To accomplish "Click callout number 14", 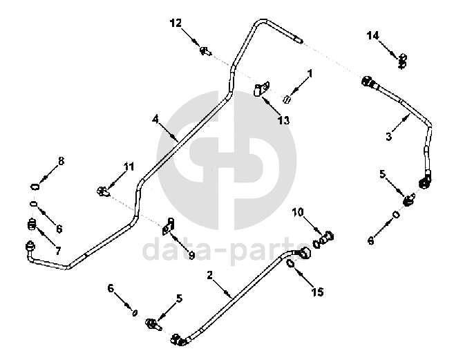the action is click(x=373, y=35).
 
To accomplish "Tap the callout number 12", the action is click(x=176, y=23).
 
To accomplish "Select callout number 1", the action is click(x=310, y=73).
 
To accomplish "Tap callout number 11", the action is click(x=128, y=167).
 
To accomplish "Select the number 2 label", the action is click(x=209, y=275).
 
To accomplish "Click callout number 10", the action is click(x=299, y=211).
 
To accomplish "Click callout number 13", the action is click(x=283, y=120).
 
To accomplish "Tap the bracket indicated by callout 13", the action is click(x=261, y=91).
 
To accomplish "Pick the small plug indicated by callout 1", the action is click(x=291, y=99).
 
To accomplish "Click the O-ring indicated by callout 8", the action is click(x=35, y=186).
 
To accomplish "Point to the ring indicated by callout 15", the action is click(x=291, y=263).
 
